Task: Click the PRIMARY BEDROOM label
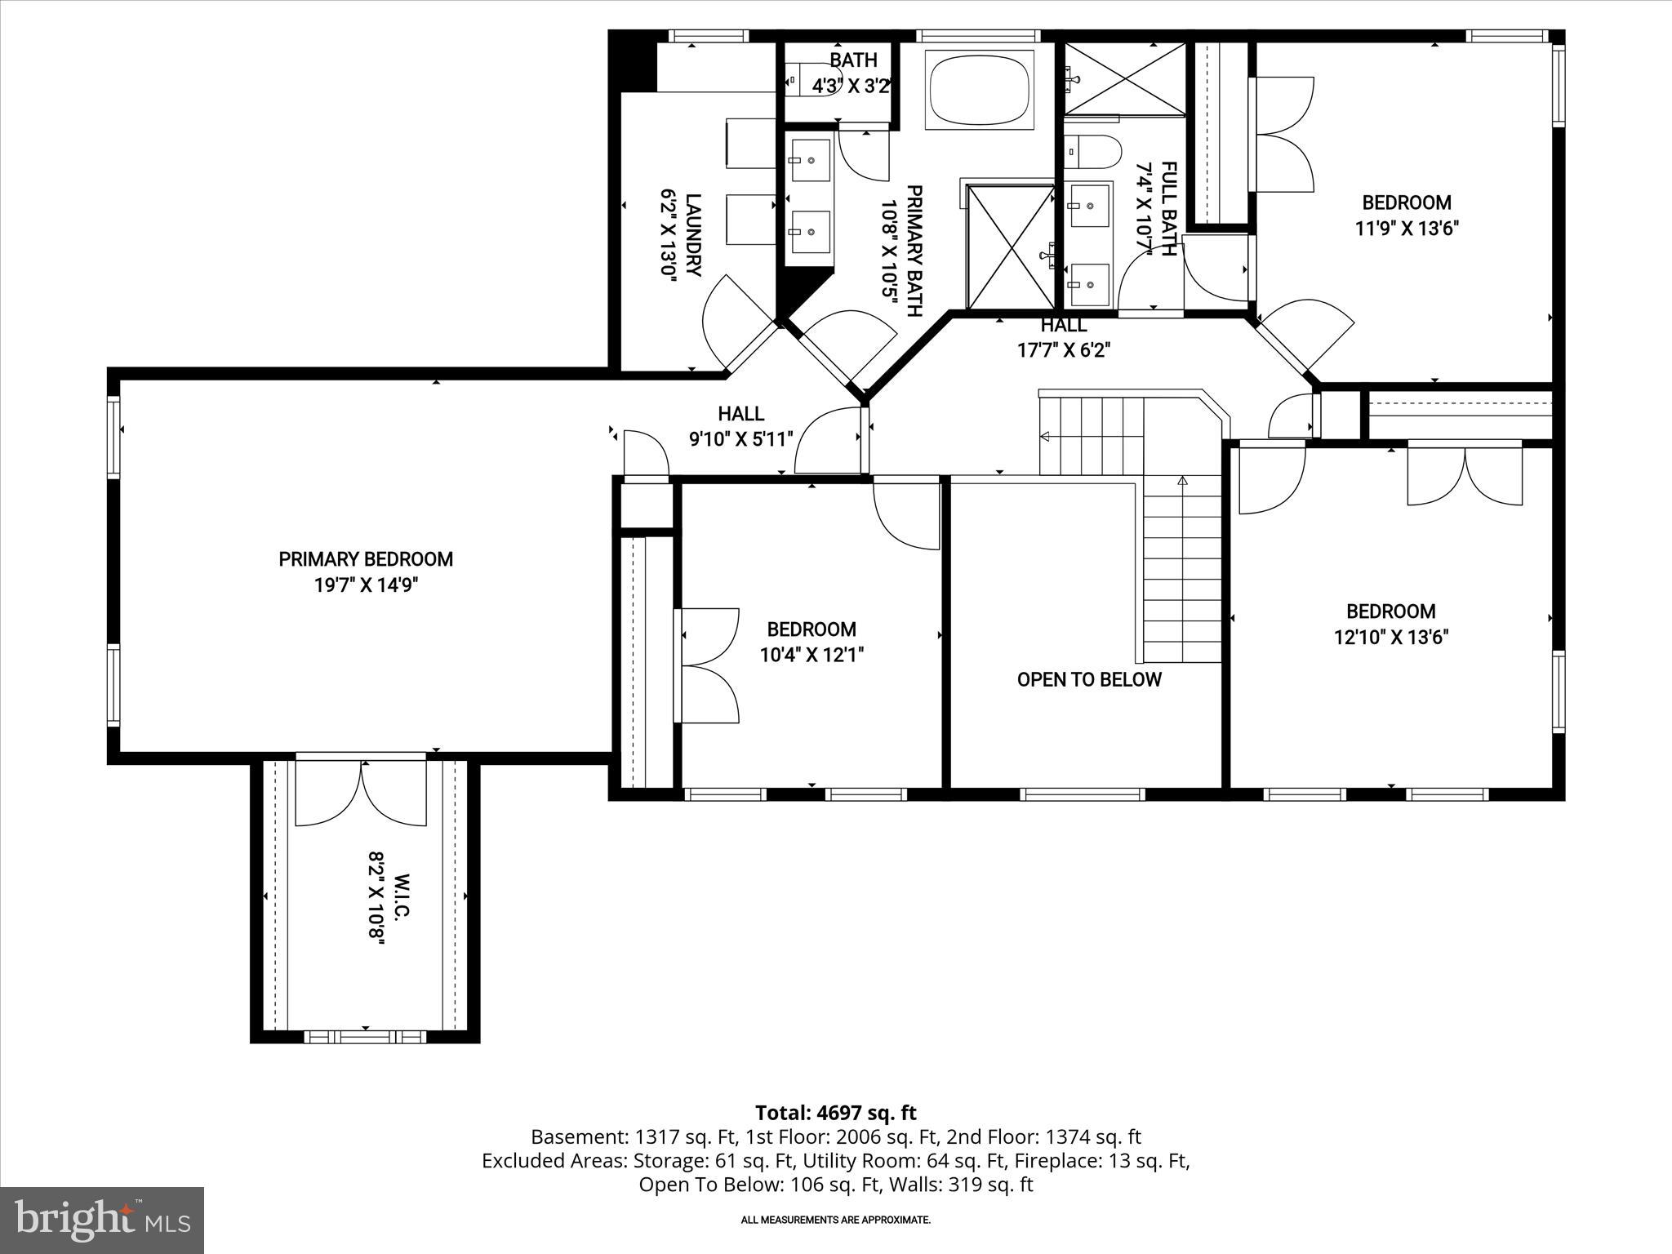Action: coord(366,559)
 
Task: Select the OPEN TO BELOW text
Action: coord(1088,680)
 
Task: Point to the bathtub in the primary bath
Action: coord(978,89)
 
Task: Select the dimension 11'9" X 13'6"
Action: coord(1407,229)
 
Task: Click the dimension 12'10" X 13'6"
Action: coord(1390,638)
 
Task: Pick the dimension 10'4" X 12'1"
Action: coord(812,655)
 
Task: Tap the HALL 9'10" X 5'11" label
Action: coord(741,427)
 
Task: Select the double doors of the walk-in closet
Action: coord(361,793)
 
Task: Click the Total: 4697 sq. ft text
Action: coord(835,1113)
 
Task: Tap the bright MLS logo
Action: coord(102,1220)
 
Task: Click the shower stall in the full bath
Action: coord(1124,78)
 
